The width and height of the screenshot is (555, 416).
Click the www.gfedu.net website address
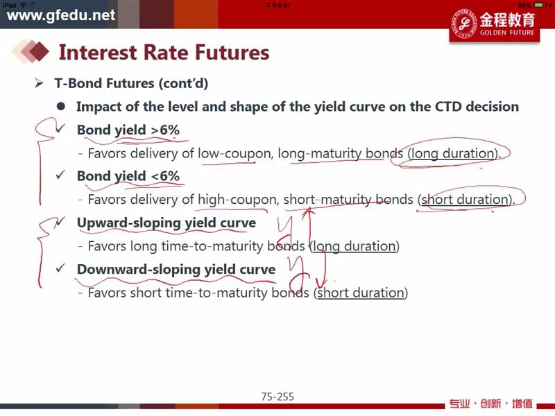61,15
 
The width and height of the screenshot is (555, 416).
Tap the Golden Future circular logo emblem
463,24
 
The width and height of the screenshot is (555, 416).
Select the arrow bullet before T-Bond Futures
39,83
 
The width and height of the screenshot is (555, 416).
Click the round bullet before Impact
61,106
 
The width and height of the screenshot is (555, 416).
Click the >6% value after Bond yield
165,130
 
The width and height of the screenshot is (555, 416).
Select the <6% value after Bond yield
165,176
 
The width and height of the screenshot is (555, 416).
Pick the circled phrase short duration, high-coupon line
465,200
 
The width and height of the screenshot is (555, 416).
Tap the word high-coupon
237,200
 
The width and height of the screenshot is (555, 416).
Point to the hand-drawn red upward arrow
310,227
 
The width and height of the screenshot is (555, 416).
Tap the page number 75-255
277,397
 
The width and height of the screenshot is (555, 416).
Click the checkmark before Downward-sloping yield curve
60,268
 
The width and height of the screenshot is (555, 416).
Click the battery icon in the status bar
539,5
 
